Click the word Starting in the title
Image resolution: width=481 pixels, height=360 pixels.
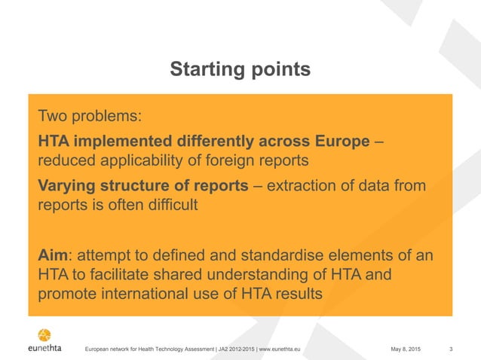204,71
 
